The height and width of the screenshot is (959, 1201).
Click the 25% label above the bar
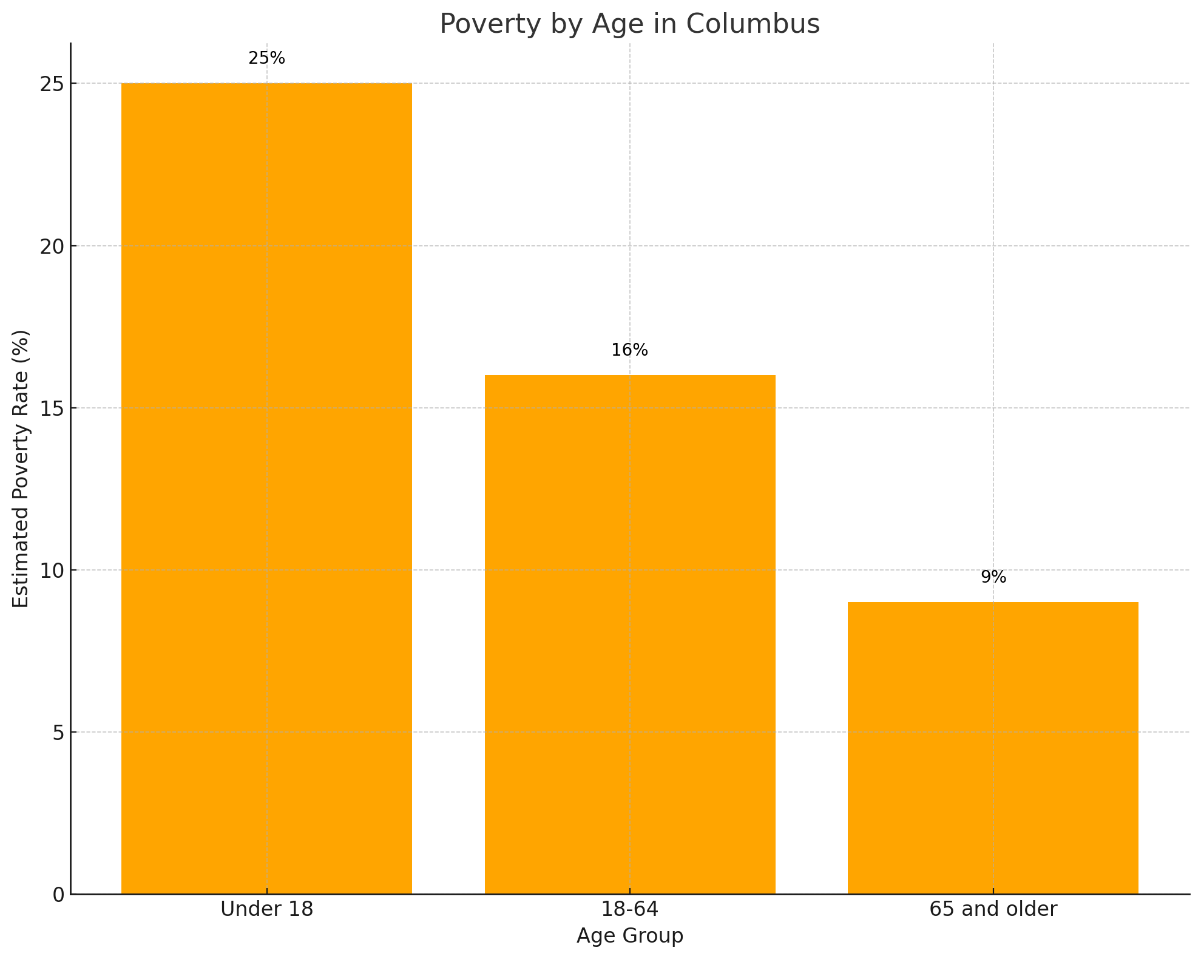266,58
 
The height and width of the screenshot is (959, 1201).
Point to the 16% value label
629,350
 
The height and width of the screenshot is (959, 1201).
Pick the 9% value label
993,577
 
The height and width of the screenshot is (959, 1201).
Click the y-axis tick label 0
58,895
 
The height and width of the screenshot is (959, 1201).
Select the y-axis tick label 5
58,733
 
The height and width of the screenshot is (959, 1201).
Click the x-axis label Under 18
266,909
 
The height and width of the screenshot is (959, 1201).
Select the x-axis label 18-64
629,909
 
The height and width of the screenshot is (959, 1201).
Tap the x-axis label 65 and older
993,909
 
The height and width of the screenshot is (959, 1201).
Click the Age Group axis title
629,936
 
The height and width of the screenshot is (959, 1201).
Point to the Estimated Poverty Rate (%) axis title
21,469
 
